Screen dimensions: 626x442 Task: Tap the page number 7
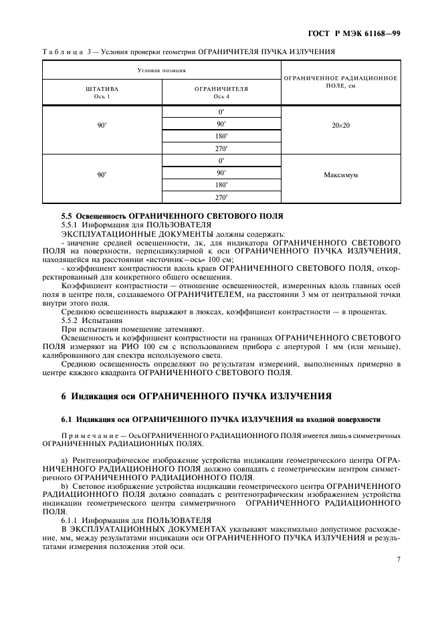398,560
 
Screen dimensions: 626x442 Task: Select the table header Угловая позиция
161,70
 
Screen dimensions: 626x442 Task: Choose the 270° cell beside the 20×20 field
221,148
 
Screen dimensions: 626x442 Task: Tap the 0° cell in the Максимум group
221,161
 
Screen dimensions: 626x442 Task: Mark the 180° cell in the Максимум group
221,185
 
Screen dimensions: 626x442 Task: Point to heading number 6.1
68,419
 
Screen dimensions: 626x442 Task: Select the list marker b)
64,487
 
